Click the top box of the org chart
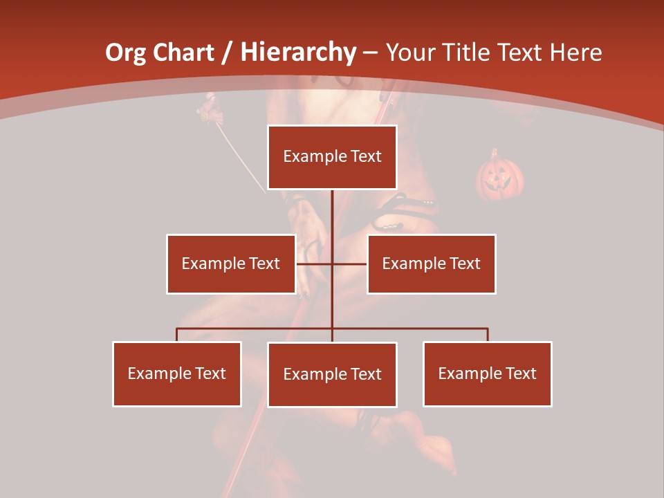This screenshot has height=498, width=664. pyautogui.click(x=332, y=157)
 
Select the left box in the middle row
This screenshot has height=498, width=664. pyautogui.click(x=231, y=264)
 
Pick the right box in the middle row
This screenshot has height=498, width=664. pyautogui.click(x=431, y=264)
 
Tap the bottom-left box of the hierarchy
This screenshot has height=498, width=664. pyautogui.click(x=176, y=373)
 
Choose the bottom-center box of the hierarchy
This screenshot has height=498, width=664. pyautogui.click(x=332, y=374)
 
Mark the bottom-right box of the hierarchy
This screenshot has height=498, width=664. pyautogui.click(x=487, y=373)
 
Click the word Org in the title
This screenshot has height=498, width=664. pyautogui.click(x=125, y=53)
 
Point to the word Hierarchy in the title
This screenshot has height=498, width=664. pyautogui.click(x=298, y=53)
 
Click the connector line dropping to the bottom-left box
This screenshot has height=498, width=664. pyautogui.click(x=176, y=335)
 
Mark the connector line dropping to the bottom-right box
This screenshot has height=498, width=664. pyautogui.click(x=488, y=335)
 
